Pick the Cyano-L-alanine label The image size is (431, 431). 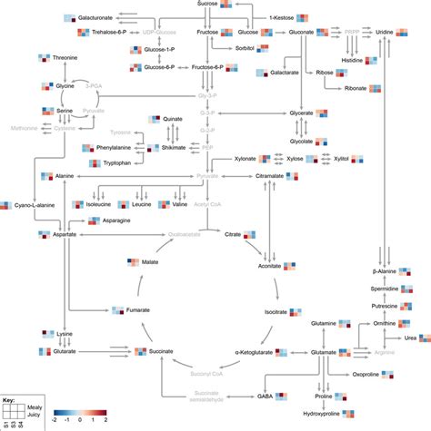click(37, 206)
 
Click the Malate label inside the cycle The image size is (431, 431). click(152, 262)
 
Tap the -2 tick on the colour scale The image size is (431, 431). click(56, 422)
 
